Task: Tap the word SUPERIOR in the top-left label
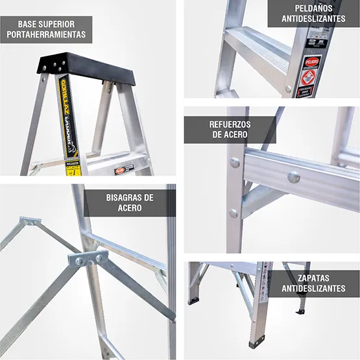(61, 23)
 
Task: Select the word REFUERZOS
(230, 123)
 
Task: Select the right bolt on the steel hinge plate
(99, 258)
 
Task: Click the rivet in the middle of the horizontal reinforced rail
(293, 176)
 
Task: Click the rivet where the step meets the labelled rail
(289, 88)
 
